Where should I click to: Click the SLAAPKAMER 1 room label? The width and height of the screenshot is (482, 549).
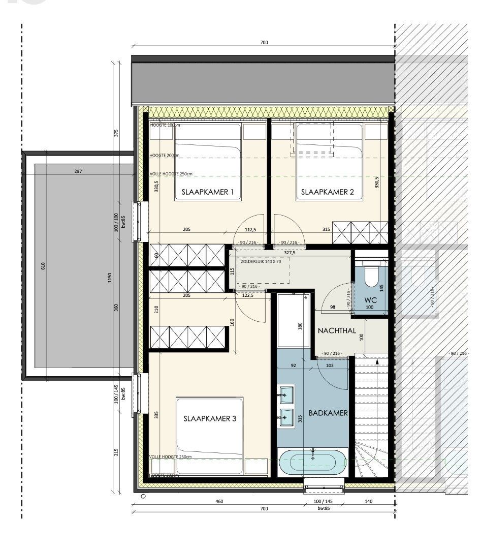(208, 192)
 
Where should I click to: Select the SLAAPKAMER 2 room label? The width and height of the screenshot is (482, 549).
(327, 192)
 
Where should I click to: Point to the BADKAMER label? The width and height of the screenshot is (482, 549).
(328, 413)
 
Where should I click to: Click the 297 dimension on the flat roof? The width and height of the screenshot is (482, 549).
(78, 171)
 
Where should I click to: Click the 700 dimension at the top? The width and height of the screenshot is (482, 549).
(264, 43)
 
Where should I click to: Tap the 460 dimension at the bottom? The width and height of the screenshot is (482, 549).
(219, 501)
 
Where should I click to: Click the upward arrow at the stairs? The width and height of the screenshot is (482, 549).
(376, 362)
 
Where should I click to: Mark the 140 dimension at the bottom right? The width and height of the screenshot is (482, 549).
(369, 501)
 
